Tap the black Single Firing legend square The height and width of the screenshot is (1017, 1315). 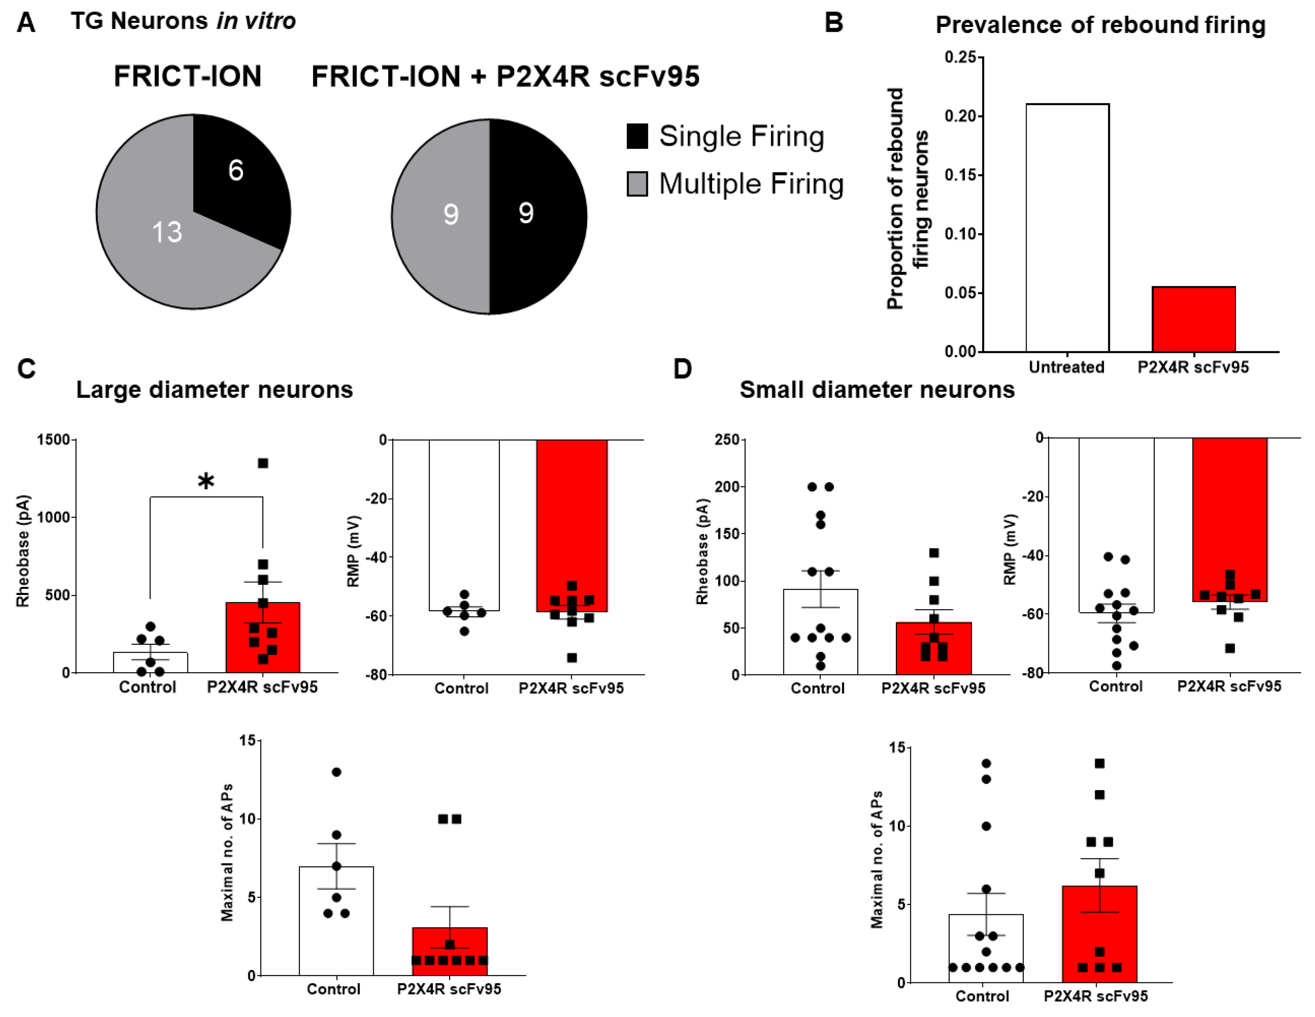[x=637, y=136]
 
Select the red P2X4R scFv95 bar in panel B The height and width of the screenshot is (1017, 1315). [x=1193, y=319]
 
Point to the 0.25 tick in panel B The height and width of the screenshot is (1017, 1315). [x=961, y=57]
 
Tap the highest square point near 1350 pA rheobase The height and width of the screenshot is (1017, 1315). [x=263, y=463]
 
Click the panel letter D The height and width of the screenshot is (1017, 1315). [x=682, y=369]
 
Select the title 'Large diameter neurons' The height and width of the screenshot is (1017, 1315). [x=214, y=390]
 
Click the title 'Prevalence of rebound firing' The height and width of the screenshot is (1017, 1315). [x=1100, y=25]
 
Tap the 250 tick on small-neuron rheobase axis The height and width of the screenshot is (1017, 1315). [x=727, y=440]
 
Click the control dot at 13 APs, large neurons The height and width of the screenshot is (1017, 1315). [x=336, y=772]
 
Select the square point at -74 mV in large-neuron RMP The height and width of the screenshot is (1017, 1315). [x=572, y=658]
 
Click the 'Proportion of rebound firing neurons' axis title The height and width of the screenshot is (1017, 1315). [x=907, y=199]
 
